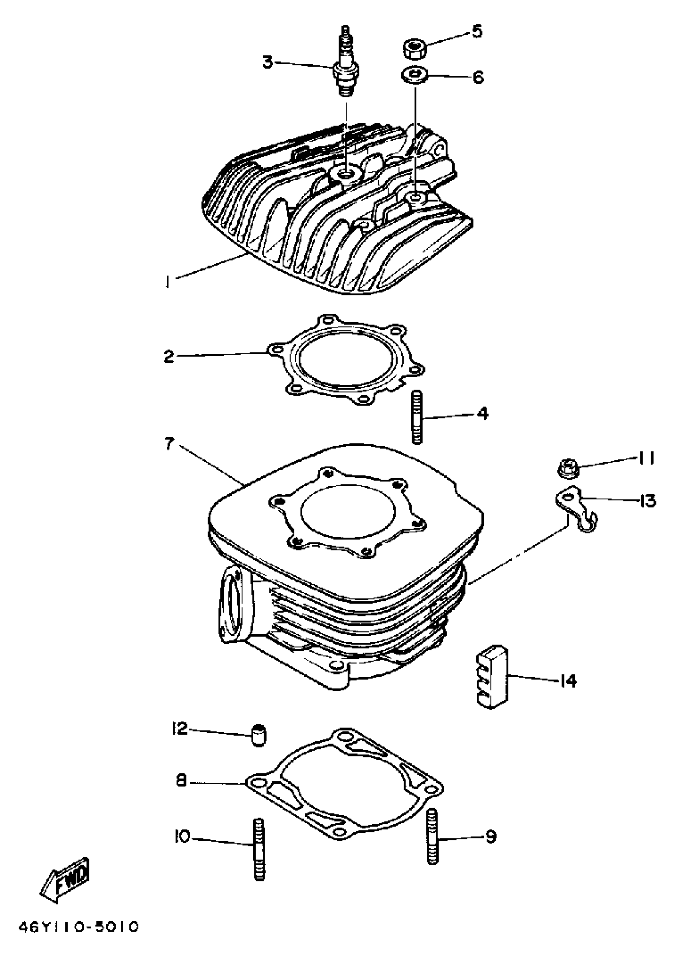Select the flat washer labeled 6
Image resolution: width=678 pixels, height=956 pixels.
point(414,76)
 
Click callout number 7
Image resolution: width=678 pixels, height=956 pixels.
point(169,444)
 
